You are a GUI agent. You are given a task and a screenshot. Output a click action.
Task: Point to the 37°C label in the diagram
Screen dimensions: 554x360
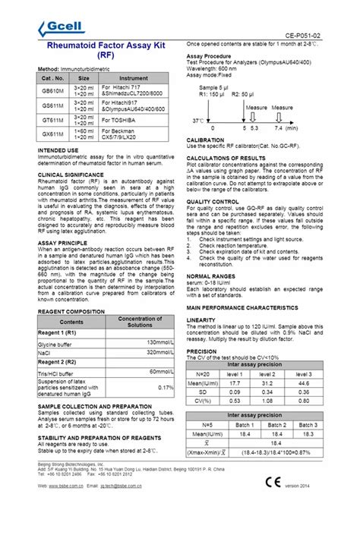point(198,120)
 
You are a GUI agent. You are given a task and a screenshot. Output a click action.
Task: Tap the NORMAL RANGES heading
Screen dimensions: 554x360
point(213,275)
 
